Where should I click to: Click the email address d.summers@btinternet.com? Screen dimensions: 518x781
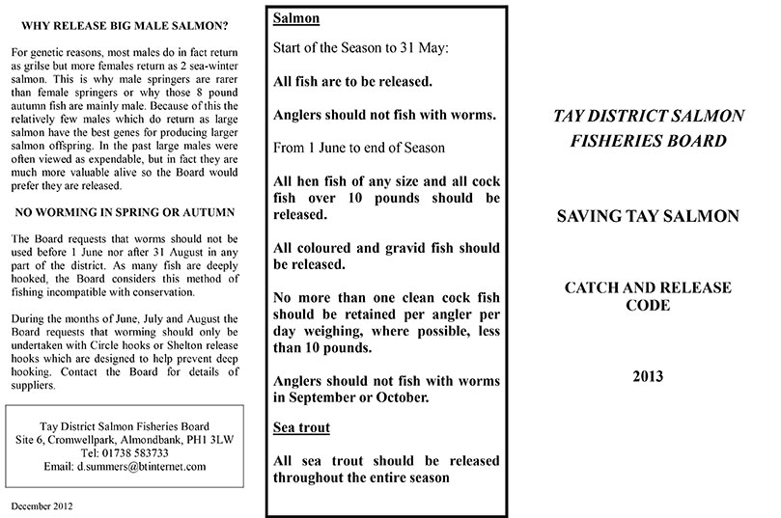pos(124,466)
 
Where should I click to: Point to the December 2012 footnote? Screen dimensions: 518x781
pos(42,505)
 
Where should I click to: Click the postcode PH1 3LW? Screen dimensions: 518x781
pos(208,439)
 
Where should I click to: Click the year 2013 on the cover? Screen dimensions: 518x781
pos(649,376)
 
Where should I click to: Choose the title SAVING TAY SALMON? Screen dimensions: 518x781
pos(649,216)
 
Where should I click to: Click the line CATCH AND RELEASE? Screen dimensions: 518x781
pos(649,287)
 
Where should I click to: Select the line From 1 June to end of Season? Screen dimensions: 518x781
pos(359,148)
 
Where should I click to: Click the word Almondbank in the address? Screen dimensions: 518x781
pos(160,439)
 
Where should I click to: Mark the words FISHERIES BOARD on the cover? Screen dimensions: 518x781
pos(649,141)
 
